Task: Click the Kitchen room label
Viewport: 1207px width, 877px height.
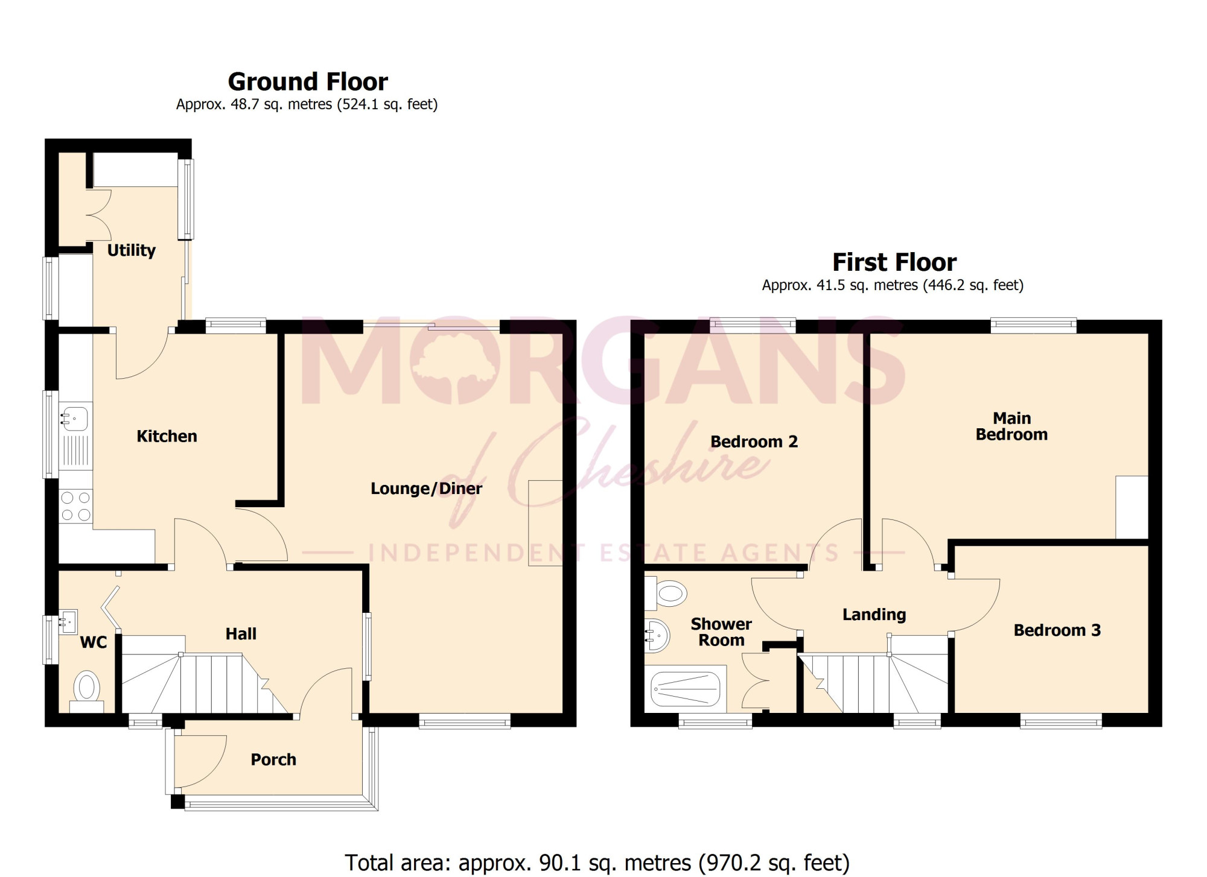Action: tap(167, 436)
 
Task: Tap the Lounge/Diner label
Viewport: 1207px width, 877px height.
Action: tap(426, 489)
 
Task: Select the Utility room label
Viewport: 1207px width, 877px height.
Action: tap(132, 250)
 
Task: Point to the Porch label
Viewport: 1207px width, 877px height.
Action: tap(273, 759)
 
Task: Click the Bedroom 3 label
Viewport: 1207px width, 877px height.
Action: tap(1057, 630)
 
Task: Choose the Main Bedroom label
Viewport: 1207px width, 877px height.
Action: tap(1011, 426)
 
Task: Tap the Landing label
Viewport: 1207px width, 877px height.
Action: tap(874, 615)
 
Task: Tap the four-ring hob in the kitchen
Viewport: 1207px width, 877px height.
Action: tap(76, 506)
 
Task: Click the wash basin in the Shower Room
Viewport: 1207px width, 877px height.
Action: tap(657, 635)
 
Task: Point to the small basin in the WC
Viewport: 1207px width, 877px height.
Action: tap(69, 621)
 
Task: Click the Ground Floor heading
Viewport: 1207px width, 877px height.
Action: tap(308, 81)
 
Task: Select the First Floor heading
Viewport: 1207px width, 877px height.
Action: tap(894, 262)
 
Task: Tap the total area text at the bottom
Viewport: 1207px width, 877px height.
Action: tap(597, 863)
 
